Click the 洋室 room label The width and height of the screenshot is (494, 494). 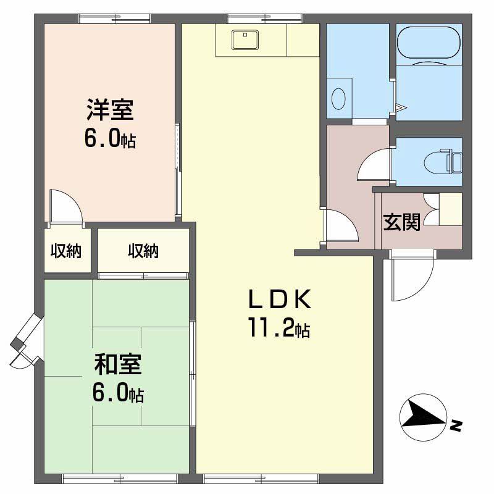109,111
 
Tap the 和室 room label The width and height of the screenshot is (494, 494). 118,364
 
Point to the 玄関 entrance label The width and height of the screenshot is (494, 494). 402,222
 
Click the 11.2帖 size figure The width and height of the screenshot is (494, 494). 278,328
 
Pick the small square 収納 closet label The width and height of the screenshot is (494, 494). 66,251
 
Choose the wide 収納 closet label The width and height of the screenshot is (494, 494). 143,251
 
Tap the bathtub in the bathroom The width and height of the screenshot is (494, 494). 429,43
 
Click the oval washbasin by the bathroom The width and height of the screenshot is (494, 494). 338,97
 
